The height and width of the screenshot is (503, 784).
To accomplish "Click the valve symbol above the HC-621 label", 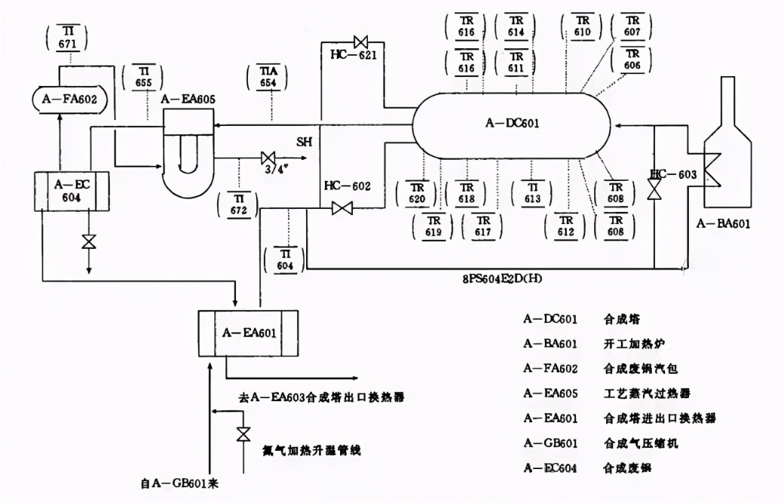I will click(361, 41).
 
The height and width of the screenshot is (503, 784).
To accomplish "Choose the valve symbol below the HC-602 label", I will click(342, 209).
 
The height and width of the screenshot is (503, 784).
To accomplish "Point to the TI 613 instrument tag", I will click(532, 193).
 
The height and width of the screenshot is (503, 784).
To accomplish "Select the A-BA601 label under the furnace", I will click(723, 224).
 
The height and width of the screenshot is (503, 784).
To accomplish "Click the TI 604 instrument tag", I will click(285, 256).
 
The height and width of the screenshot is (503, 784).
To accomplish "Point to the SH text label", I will click(304, 141).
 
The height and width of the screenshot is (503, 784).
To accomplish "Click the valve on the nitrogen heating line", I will click(243, 435).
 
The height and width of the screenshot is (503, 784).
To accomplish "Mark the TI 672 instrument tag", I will click(238, 205).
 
